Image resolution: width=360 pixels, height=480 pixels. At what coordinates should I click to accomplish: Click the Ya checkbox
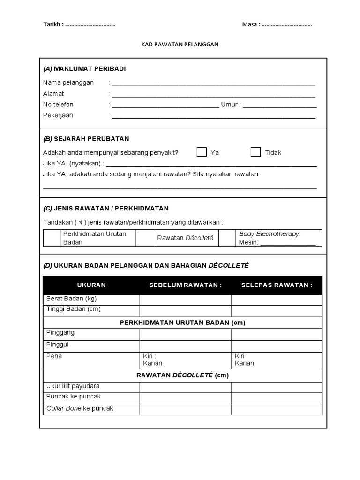click(202, 152)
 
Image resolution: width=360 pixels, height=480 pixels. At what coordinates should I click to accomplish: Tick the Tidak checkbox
click(255, 152)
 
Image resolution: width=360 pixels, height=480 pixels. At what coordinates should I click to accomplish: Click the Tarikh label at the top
click(53, 25)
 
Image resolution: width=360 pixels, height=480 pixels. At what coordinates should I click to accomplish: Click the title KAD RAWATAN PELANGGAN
click(180, 45)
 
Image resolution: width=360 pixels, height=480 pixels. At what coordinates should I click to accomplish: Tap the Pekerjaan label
click(58, 115)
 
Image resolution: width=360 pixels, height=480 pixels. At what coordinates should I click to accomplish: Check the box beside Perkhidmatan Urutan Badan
click(52, 238)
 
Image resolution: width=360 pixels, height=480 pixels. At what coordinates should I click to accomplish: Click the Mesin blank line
click(288, 243)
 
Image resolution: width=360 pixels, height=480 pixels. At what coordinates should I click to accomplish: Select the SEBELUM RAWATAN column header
click(185, 285)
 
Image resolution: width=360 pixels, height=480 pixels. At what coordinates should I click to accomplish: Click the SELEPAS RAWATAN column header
click(277, 285)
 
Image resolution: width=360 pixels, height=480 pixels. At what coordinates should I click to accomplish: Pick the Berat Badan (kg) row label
click(72, 299)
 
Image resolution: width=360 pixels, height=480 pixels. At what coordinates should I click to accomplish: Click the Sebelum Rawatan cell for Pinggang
click(185, 334)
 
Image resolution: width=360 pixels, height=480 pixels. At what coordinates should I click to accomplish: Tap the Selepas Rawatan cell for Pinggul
click(277, 346)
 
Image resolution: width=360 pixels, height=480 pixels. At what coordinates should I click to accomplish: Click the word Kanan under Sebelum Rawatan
click(153, 363)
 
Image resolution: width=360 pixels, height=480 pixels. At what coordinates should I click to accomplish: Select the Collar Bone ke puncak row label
click(80, 408)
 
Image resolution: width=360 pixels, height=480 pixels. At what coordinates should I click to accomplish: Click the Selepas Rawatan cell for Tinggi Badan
click(277, 310)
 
